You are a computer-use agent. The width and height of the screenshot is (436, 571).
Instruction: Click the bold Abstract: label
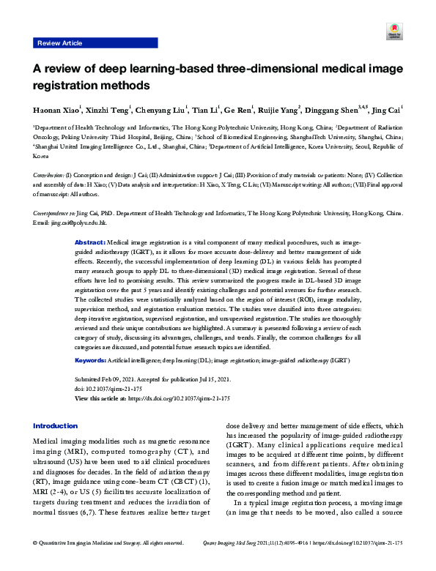click(91, 242)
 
